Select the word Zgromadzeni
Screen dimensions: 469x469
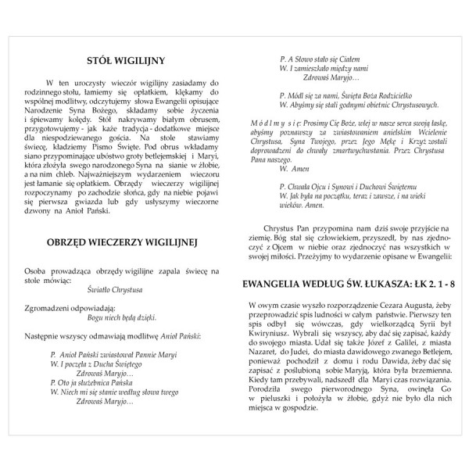[48, 306]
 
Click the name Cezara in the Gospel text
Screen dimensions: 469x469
[367, 303]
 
